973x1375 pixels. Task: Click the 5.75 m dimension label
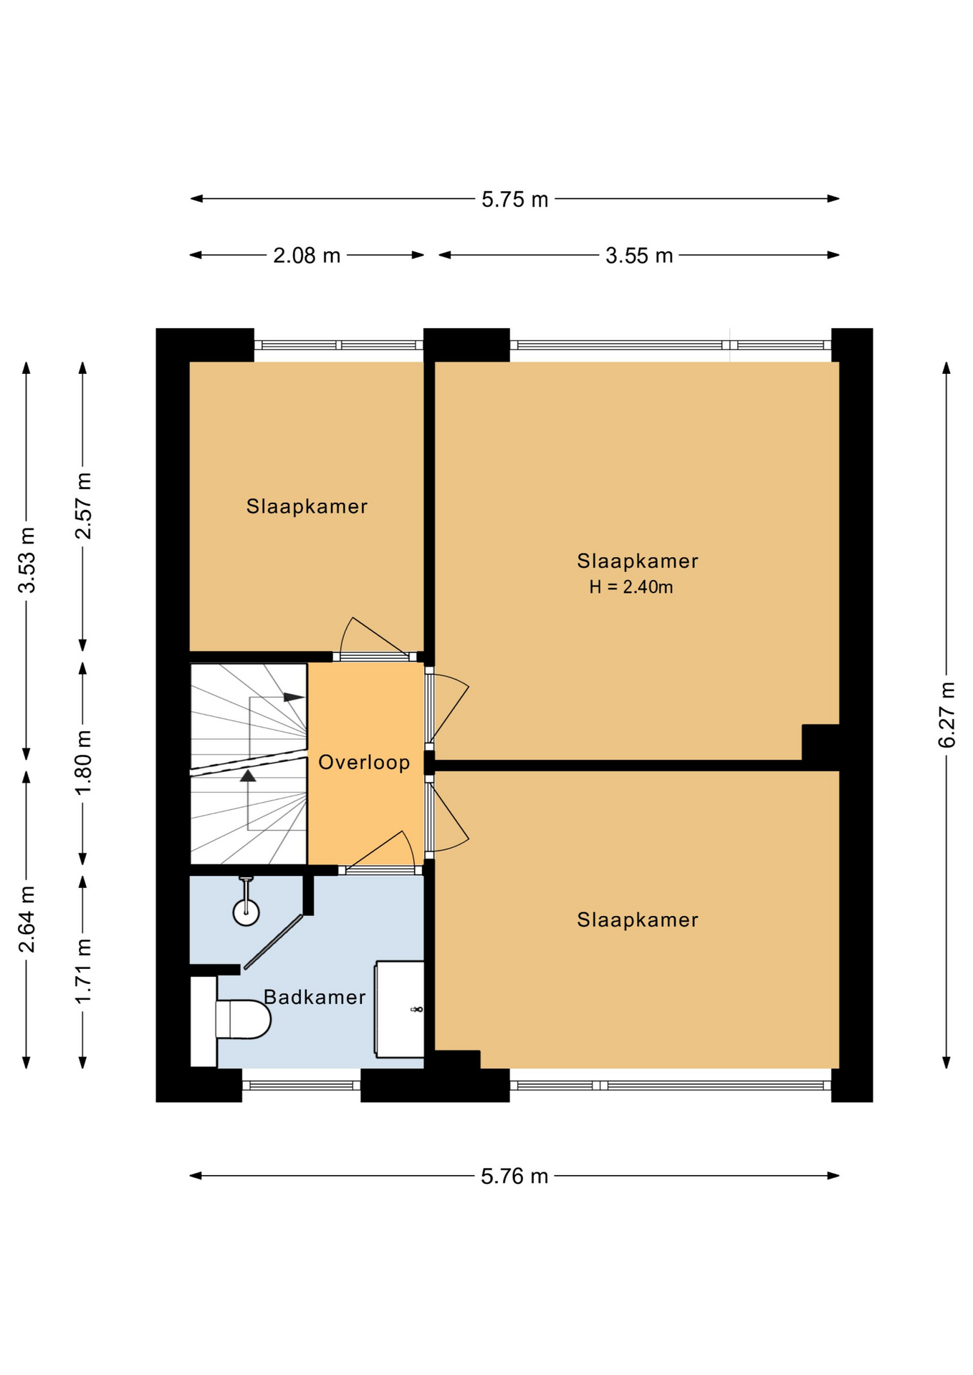click(x=514, y=199)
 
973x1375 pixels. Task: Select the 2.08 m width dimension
click(x=307, y=256)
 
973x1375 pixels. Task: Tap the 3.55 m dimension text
click(x=639, y=256)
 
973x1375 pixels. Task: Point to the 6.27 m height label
click(x=946, y=715)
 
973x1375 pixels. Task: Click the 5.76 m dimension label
click(x=514, y=1176)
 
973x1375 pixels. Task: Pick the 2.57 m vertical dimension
click(x=83, y=506)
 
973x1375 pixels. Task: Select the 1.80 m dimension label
click(x=83, y=762)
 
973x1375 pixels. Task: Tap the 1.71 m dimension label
click(x=83, y=970)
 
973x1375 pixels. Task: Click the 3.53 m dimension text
click(x=27, y=560)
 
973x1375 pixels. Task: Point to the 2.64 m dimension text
click(x=27, y=920)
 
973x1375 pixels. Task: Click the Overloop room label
click(x=364, y=762)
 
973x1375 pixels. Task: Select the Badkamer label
click(x=315, y=997)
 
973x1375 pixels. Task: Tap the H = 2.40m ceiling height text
click(x=631, y=587)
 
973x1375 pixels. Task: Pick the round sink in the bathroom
click(x=246, y=912)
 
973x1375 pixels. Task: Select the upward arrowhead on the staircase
click(x=248, y=775)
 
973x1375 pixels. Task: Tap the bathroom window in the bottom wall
click(x=301, y=1085)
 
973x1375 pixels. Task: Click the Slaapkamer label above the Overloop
click(x=307, y=506)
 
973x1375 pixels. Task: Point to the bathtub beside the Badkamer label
click(x=399, y=1009)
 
